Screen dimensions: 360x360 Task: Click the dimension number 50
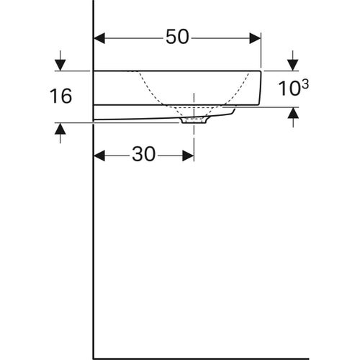[x=177, y=37]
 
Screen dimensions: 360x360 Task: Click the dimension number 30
[x=144, y=155]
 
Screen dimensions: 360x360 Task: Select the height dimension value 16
[x=62, y=96]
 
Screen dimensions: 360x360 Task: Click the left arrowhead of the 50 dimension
[x=100, y=37]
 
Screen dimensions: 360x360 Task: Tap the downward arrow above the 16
[x=60, y=64]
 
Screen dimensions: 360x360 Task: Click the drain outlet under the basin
[x=194, y=121]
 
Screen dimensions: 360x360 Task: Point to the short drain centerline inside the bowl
[x=194, y=101]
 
